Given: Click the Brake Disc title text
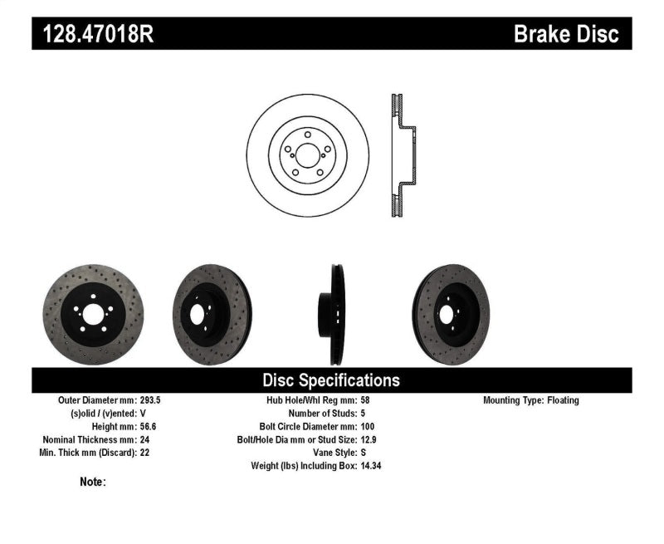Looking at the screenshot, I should (566, 34).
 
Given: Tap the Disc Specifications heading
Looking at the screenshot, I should (331, 380).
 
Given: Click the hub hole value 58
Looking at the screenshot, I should (365, 399).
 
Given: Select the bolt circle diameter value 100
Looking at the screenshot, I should (368, 426).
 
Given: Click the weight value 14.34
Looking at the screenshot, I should (372, 466).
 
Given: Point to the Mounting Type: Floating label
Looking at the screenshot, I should (530, 399).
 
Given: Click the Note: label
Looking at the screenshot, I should (92, 482).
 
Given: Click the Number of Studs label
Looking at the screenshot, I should (322, 413).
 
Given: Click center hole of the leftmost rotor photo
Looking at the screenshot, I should (93, 314).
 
